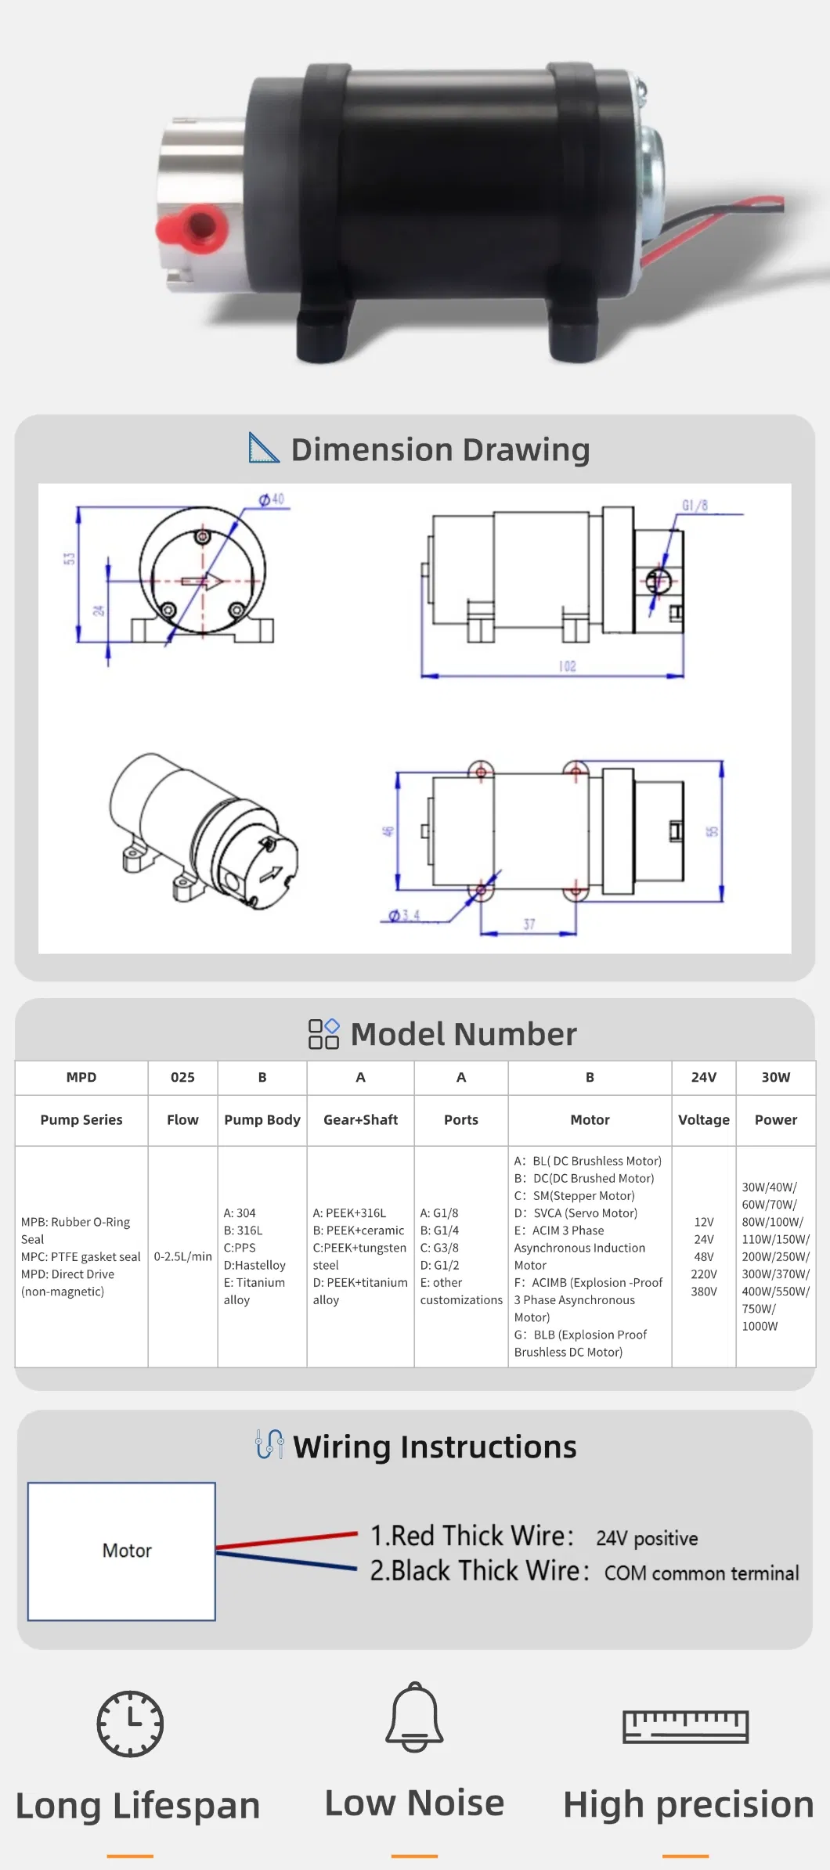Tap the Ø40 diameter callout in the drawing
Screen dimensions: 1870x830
click(x=272, y=499)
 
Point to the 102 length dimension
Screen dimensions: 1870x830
click(x=567, y=666)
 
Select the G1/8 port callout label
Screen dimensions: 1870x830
click(x=695, y=506)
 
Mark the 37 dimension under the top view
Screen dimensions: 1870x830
click(x=529, y=924)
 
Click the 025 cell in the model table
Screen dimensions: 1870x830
click(x=182, y=1077)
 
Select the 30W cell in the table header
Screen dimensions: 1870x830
click(x=775, y=1077)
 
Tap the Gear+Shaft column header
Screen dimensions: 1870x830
click(x=360, y=1119)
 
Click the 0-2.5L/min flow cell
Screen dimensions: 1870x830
click(x=182, y=1256)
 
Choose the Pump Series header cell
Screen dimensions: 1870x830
click(x=81, y=1119)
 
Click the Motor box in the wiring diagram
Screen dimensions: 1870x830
click(x=122, y=1551)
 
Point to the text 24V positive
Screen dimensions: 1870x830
click(x=647, y=1538)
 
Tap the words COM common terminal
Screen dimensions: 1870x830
click(x=702, y=1573)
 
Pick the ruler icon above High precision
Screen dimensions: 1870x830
click(x=685, y=1726)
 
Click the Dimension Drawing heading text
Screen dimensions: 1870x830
click(x=440, y=449)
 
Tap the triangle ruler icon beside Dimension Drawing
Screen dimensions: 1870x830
click(x=263, y=448)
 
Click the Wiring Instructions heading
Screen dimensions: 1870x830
click(x=435, y=1447)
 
